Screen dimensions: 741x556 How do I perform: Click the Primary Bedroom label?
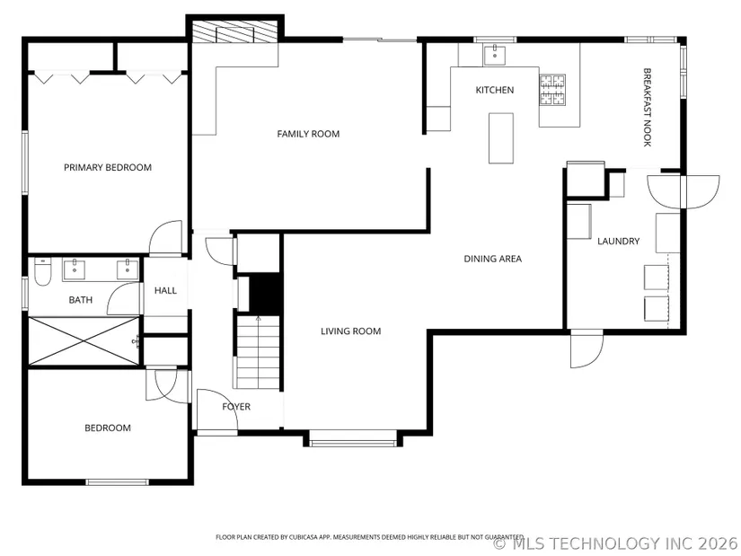coord(108,167)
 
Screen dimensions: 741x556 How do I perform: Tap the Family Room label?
coord(308,134)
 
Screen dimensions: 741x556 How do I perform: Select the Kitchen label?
coord(494,90)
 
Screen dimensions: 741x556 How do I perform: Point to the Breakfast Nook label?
coord(648,107)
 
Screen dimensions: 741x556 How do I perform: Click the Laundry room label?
coord(618,241)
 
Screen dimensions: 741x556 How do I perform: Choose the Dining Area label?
coord(492,259)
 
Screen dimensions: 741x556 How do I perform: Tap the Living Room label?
coord(350,331)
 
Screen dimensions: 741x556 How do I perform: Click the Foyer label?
coord(236,407)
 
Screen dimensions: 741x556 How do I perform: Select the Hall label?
coord(165,290)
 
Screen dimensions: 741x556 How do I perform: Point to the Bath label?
coord(80,300)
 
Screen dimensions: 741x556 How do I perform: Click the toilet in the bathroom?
coord(42,272)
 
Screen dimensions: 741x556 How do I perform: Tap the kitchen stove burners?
coord(552,89)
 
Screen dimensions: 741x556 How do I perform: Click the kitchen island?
coord(501,138)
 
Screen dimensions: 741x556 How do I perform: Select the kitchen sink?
coord(494,55)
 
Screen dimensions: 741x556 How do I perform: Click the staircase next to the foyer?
coord(258,352)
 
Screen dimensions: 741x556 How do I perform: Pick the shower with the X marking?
coord(84,341)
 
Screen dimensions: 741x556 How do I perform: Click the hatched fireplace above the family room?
coord(234,32)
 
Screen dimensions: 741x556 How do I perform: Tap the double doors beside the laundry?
coord(684,191)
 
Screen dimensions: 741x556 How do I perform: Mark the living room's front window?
coord(353,443)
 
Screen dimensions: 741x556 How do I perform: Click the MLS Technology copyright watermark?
coord(615,543)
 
